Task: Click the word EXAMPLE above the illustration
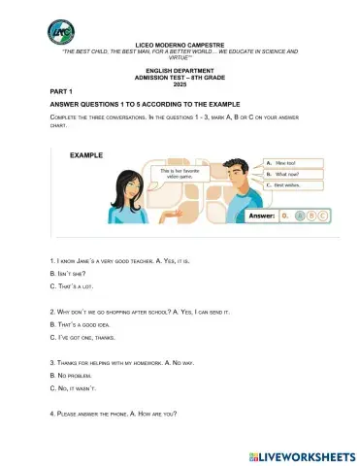click(86, 155)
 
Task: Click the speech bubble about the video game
click(158, 175)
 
